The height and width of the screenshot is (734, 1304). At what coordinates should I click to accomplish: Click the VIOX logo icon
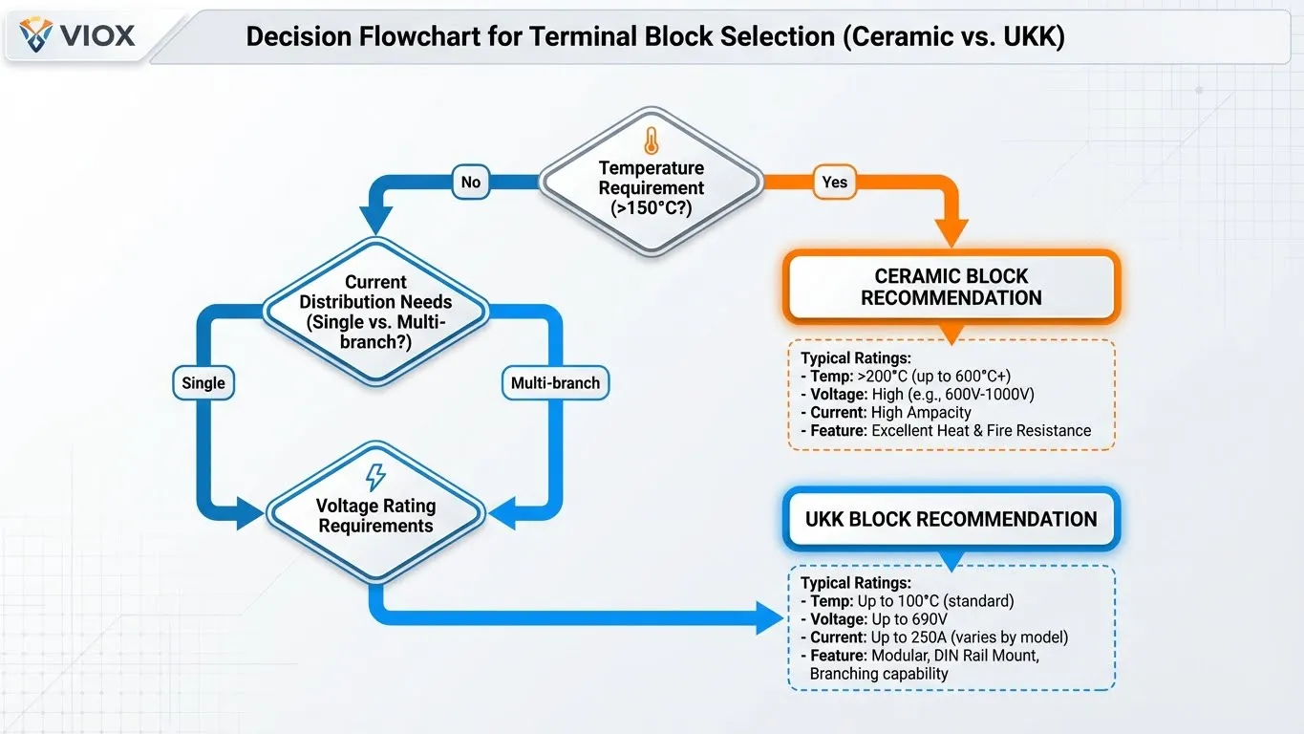pyautogui.click(x=36, y=35)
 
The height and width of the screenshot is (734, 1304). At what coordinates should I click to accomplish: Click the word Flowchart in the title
pyautogui.click(x=460, y=36)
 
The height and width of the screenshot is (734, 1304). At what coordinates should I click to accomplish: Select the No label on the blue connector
pyautogui.click(x=470, y=182)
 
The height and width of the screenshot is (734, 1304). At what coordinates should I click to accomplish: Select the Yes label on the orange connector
pyautogui.click(x=834, y=182)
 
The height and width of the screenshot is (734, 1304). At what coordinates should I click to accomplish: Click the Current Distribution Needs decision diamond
pyautogui.click(x=375, y=311)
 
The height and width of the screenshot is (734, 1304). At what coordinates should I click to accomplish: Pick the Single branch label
pyautogui.click(x=203, y=383)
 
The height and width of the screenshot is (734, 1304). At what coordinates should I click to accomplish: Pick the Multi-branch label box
pyautogui.click(x=555, y=383)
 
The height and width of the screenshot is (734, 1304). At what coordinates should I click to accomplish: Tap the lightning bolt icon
pyautogui.click(x=375, y=478)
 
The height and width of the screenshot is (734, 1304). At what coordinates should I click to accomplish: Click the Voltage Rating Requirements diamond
pyautogui.click(x=375, y=514)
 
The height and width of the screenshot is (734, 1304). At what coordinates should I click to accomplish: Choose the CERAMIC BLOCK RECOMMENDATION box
pyautogui.click(x=951, y=287)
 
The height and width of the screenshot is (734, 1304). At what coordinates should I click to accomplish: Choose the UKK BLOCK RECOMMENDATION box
pyautogui.click(x=951, y=520)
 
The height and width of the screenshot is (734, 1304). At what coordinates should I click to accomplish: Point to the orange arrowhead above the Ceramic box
pyautogui.click(x=951, y=232)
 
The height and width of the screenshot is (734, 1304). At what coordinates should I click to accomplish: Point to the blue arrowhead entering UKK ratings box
pyautogui.click(x=769, y=617)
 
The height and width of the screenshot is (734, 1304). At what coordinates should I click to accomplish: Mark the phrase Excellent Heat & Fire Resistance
pyautogui.click(x=980, y=431)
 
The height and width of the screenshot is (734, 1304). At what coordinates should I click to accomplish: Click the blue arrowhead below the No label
pyautogui.click(x=374, y=222)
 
